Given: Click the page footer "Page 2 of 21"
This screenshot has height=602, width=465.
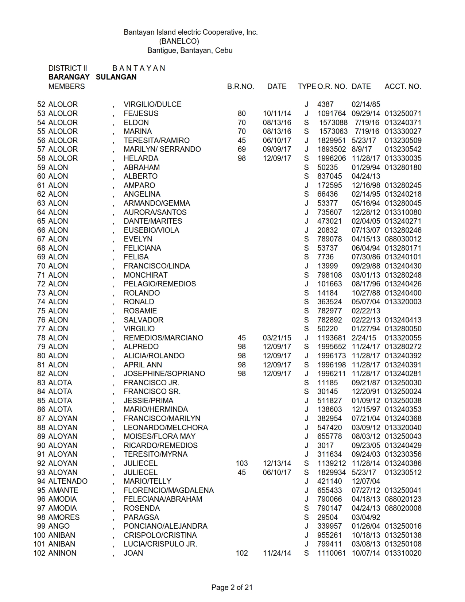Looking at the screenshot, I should point(232,587).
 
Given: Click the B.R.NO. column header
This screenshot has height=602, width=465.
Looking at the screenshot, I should point(240,86).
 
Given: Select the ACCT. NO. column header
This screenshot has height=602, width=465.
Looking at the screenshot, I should point(403,86).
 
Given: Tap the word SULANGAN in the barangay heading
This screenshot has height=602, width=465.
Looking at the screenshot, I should point(116,77).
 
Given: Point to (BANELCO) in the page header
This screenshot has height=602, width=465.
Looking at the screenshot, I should point(179,41).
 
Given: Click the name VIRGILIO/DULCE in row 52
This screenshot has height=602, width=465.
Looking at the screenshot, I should point(152,104).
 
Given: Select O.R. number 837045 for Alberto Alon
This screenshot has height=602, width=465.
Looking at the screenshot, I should point(329,176).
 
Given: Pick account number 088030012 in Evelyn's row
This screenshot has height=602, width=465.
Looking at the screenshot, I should point(403,239).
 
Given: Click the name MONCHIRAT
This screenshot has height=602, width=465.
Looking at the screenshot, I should point(146,275).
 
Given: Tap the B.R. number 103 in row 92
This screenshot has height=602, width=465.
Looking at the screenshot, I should point(242,463).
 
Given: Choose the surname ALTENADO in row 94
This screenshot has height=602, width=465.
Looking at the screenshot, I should point(68,481).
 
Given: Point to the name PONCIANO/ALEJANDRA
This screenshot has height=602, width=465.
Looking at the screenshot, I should point(165,526).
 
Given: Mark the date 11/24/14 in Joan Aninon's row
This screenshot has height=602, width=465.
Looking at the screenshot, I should point(277,553).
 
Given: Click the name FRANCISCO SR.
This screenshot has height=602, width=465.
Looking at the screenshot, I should point(152,391).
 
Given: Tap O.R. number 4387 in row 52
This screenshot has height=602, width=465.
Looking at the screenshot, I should point(325,104).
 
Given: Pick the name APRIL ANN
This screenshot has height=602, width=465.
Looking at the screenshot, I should point(143,365).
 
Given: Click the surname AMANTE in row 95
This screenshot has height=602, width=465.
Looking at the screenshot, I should point(63,490).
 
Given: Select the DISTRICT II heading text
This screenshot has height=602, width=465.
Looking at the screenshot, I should point(67,68).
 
